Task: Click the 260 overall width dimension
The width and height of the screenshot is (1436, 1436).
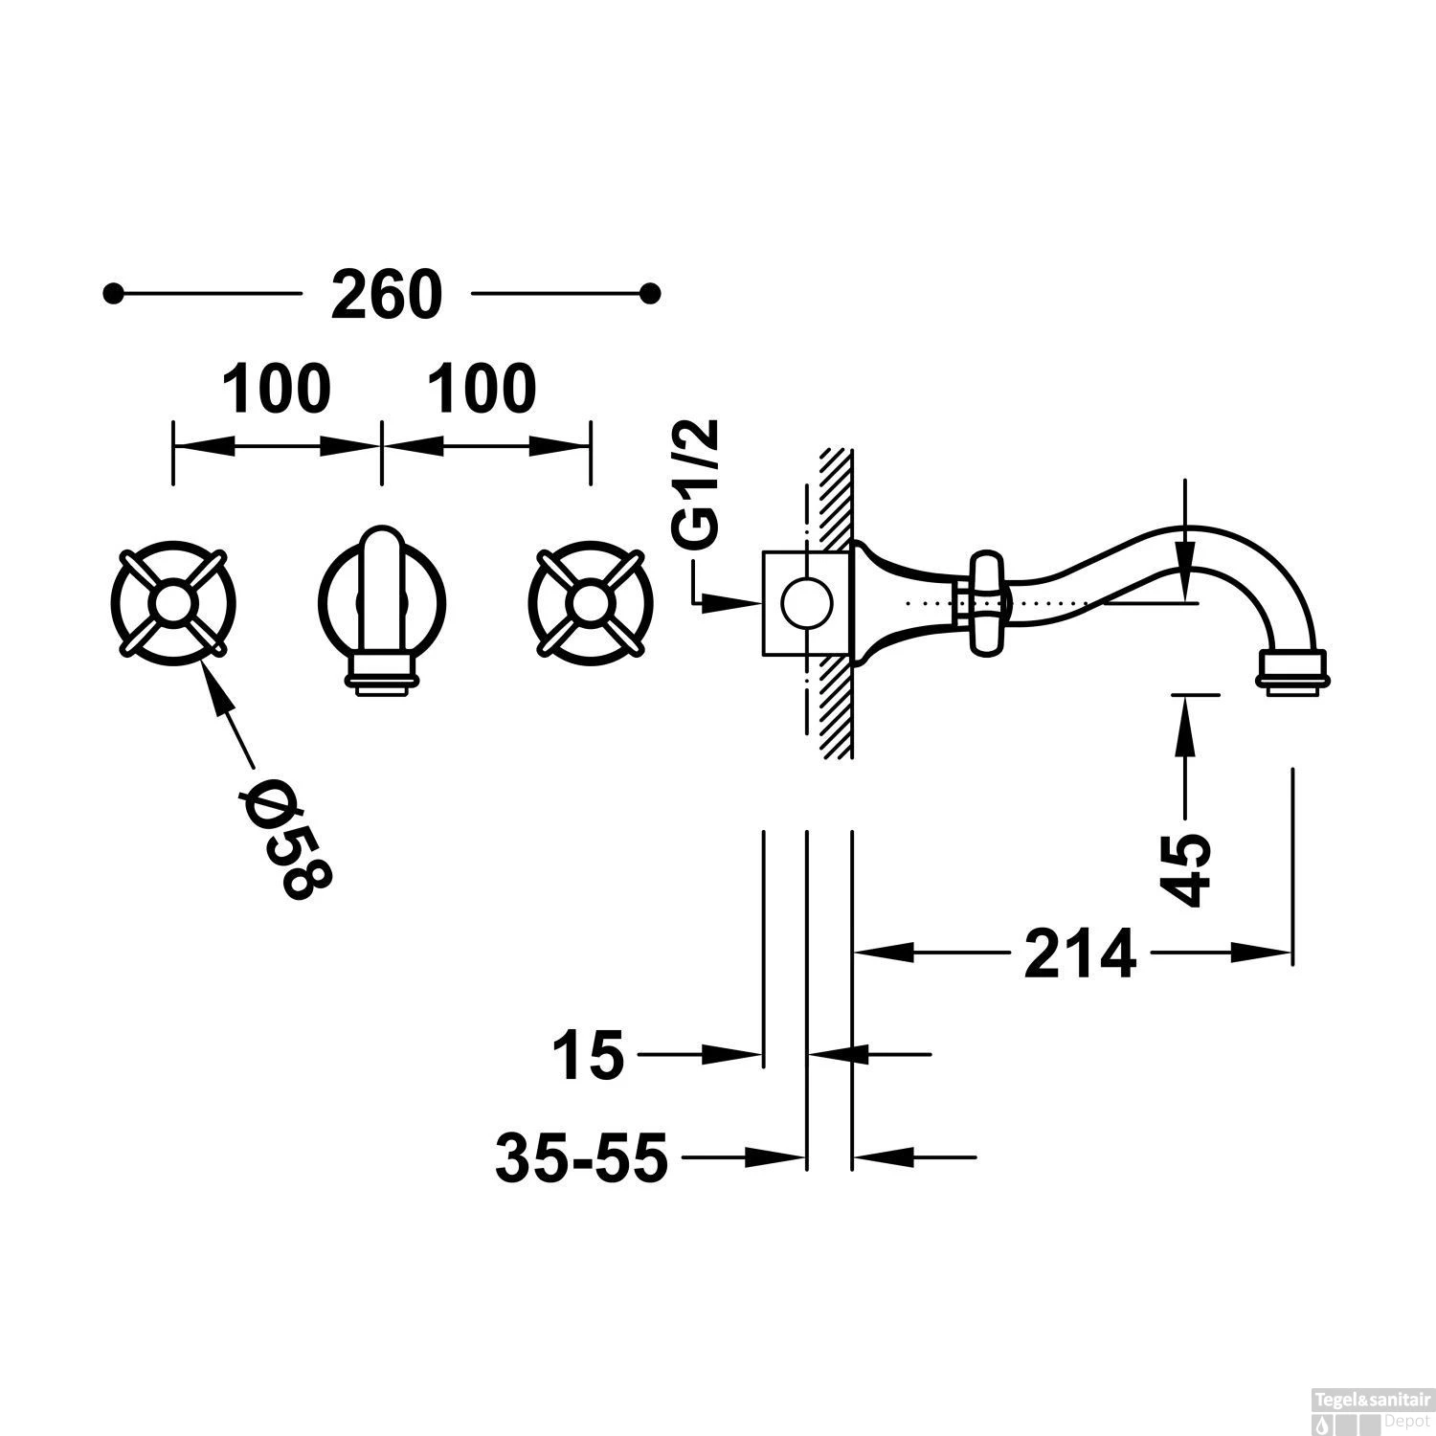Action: tap(386, 295)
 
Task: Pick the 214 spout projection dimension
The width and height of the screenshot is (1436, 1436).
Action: tap(1079, 954)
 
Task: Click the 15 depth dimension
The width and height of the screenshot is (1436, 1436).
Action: tap(587, 1056)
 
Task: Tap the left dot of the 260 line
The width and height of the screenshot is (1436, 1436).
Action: tap(114, 293)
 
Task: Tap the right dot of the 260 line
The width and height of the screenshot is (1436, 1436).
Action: tap(651, 293)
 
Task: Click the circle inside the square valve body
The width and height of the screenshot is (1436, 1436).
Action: tap(804, 604)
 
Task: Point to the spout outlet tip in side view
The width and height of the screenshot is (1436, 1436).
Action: tap(1292, 671)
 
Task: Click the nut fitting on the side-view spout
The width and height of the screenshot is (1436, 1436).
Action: tap(985, 603)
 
